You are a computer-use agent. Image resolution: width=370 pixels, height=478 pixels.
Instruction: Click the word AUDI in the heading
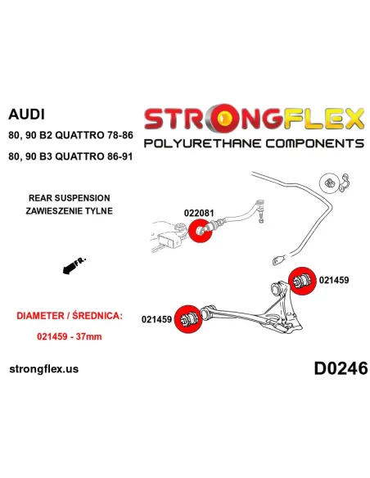point(26,115)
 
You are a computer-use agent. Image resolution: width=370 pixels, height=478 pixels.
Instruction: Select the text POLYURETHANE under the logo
point(202,143)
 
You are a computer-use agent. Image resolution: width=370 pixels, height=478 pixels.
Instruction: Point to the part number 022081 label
point(199,213)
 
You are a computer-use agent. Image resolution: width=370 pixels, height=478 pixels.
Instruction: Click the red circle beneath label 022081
point(201,231)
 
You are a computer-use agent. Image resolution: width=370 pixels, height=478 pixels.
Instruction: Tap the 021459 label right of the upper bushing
point(334,280)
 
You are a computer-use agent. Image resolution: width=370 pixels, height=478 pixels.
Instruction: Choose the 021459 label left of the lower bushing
point(156,319)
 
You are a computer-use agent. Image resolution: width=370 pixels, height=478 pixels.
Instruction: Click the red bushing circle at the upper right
point(302,281)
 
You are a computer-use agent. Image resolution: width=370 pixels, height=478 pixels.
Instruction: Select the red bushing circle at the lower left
point(188,319)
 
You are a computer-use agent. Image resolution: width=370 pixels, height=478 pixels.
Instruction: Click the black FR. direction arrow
point(74,265)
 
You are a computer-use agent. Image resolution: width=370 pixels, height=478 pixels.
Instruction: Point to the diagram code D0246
point(341,368)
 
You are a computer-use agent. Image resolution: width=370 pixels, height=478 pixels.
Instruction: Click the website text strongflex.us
point(44,369)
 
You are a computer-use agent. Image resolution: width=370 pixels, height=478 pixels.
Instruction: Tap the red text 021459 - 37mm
point(70,336)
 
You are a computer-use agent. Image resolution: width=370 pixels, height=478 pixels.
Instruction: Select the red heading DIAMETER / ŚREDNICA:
point(70,315)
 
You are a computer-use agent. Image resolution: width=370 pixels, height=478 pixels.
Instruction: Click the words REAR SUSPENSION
point(70,198)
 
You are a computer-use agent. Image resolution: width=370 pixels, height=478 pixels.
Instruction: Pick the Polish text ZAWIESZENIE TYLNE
point(70,210)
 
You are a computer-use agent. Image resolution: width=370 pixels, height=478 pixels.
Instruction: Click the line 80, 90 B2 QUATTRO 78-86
point(70,135)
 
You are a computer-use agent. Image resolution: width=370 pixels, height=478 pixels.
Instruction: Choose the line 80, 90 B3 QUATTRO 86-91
point(70,156)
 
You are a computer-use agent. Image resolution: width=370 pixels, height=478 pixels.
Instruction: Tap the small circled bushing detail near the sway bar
point(329,183)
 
